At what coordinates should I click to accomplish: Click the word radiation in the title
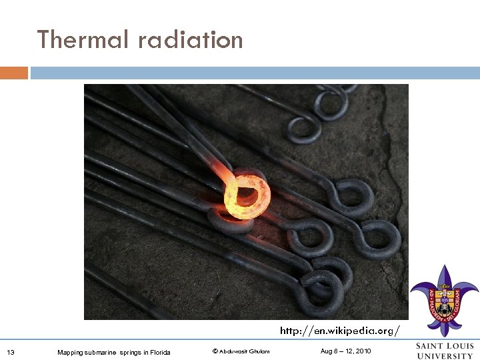[191, 40]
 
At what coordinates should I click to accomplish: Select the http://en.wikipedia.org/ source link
[340, 330]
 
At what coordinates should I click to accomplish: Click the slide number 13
[10, 352]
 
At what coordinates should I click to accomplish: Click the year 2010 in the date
[363, 351]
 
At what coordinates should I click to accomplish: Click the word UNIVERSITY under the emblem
[445, 355]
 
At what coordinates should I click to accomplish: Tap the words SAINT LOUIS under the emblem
[445, 345]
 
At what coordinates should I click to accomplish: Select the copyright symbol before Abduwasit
[215, 351]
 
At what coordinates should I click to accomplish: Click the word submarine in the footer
[101, 352]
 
